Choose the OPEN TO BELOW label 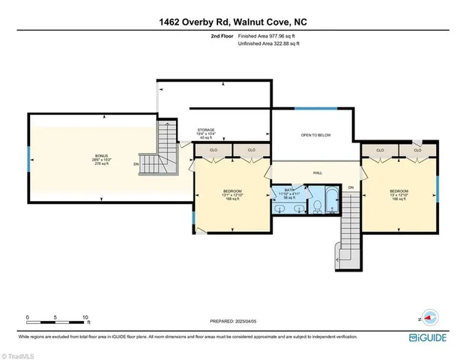(x=315, y=135)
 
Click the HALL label (x=317, y=173)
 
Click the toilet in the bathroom (x=316, y=203)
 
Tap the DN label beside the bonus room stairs (x=136, y=164)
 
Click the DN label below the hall (x=350, y=187)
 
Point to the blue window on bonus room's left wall (x=29, y=158)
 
